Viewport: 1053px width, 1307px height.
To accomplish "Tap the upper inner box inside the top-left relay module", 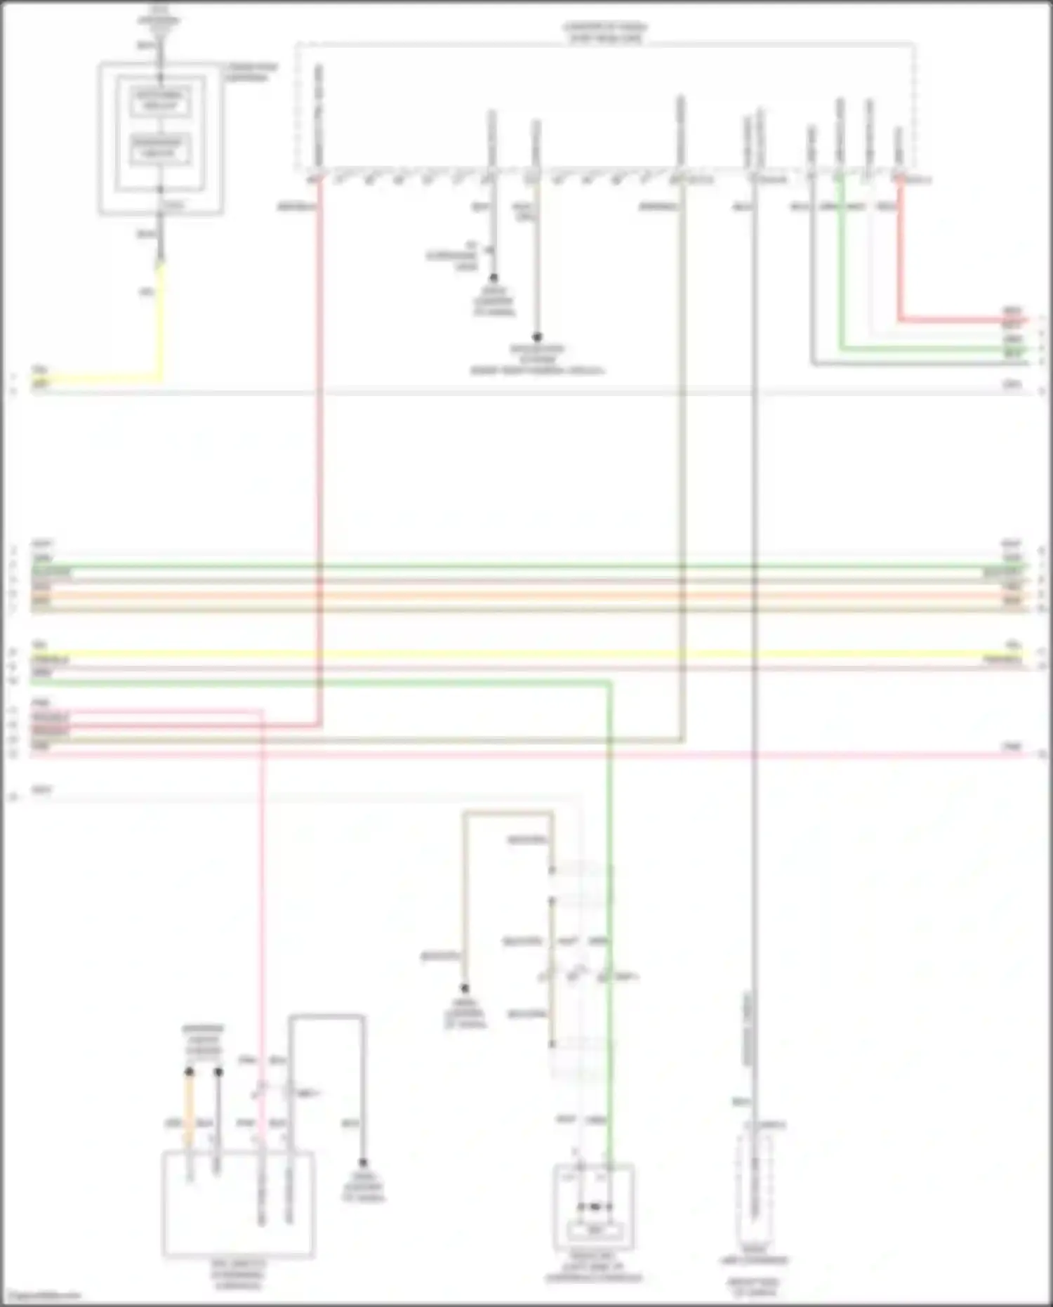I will [161, 101].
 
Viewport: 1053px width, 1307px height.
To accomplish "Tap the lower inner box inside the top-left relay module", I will [161, 148].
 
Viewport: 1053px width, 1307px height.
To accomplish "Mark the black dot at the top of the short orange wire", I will [189, 1072].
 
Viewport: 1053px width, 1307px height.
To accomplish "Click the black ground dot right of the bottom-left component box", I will [363, 1163].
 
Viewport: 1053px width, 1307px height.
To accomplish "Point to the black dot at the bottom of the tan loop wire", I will [464, 989].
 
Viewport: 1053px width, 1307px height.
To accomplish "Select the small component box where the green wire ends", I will [594, 1205].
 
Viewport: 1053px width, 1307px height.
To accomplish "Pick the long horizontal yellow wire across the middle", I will [526, 654].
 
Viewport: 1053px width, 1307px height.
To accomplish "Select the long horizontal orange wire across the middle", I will [526, 596].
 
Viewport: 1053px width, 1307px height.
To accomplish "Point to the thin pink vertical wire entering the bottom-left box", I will [262, 913].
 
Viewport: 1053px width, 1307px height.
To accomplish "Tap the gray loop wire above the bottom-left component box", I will [326, 1016].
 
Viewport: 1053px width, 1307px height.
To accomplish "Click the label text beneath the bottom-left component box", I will [239, 1275].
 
